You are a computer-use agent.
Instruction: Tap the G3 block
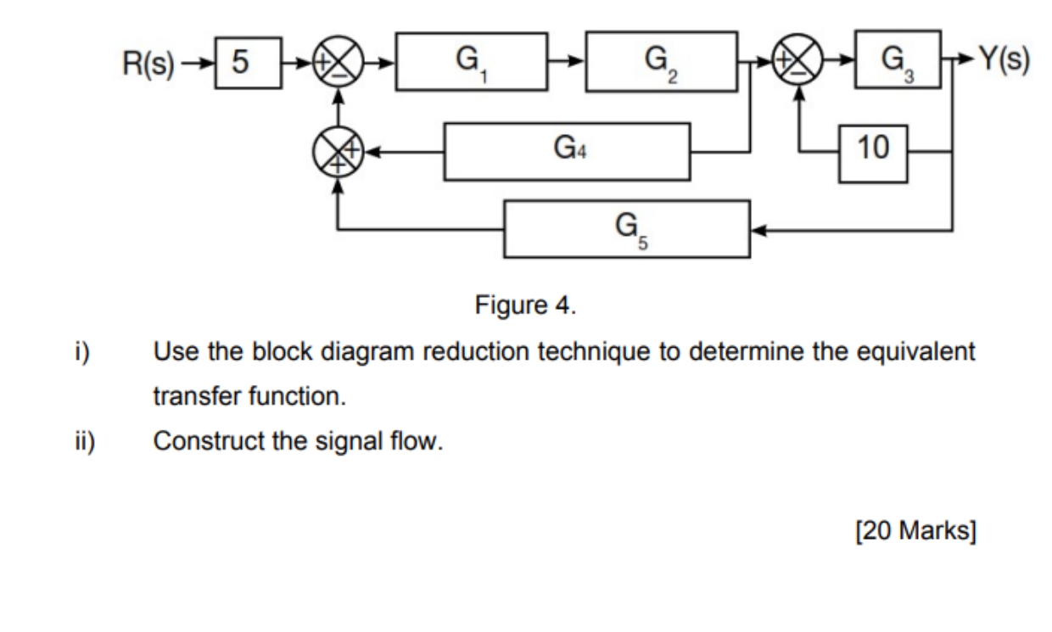[x=898, y=59]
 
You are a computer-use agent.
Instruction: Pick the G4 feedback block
[x=567, y=152]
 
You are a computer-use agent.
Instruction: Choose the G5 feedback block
[x=627, y=228]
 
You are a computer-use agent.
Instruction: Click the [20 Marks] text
[x=915, y=531]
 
